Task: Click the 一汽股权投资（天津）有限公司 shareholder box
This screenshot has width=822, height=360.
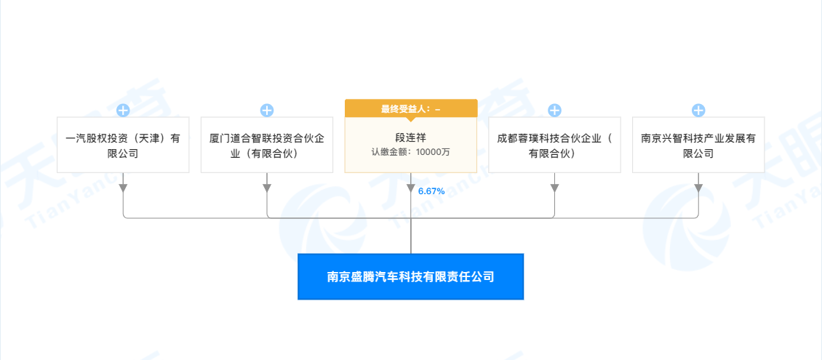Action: click(x=122, y=145)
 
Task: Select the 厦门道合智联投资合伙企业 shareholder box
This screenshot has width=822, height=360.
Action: click(x=266, y=145)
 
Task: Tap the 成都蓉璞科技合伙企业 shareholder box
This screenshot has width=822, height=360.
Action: click(x=554, y=145)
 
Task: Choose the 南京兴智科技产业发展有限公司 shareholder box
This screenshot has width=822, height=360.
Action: click(x=698, y=145)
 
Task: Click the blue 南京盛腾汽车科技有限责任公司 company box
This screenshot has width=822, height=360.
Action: click(x=410, y=276)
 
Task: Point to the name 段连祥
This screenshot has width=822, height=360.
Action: click(x=410, y=137)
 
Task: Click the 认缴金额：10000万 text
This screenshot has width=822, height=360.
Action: click(x=410, y=152)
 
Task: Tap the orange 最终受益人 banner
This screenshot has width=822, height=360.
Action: click(x=410, y=108)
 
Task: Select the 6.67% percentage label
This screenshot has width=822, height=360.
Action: click(x=431, y=191)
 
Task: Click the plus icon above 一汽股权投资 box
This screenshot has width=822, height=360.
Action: click(x=123, y=111)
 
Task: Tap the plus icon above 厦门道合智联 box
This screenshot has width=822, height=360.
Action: click(x=267, y=111)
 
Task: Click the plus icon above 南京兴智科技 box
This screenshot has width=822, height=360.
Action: click(x=698, y=111)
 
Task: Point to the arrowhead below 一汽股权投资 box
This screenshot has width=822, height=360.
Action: click(x=123, y=188)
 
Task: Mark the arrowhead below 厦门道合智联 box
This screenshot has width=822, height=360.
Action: click(x=267, y=188)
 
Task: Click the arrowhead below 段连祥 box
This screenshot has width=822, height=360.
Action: click(x=411, y=188)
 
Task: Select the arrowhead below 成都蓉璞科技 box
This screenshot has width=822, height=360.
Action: click(x=554, y=188)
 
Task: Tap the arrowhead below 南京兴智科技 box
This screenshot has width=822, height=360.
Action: click(x=698, y=188)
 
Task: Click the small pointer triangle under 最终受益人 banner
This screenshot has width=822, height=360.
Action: click(x=410, y=119)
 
